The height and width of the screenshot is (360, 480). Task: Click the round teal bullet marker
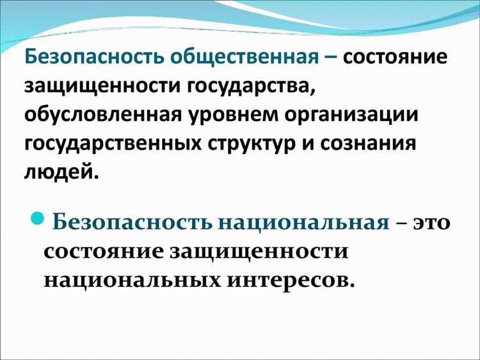tap(37, 220)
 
